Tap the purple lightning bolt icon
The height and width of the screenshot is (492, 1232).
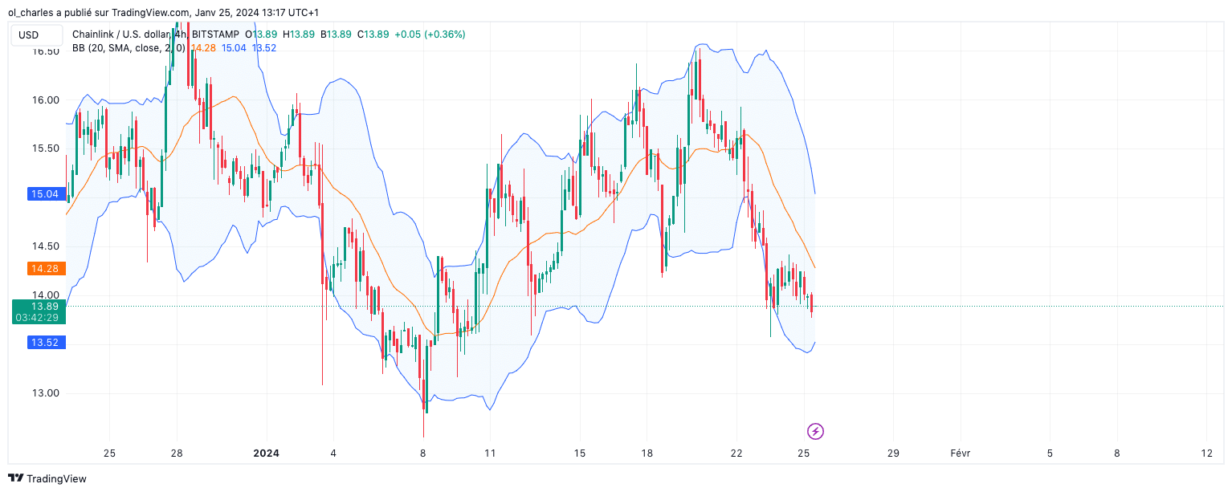click(815, 432)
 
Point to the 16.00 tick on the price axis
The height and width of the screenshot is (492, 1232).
click(45, 100)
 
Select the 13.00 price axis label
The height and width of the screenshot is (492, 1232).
click(45, 393)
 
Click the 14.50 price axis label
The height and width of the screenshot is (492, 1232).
click(45, 246)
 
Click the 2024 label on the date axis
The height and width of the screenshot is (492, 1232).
click(266, 453)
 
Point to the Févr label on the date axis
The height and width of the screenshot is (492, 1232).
click(960, 453)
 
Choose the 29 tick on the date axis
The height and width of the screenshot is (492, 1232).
click(893, 453)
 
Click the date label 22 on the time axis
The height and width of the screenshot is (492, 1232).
click(737, 453)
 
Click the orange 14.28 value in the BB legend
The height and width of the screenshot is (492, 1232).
click(202, 48)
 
